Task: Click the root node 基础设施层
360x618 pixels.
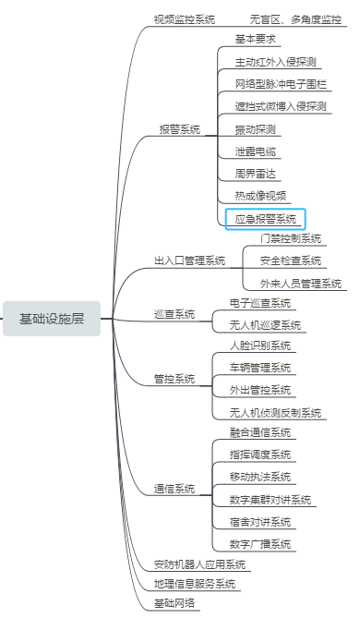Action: [x=52, y=320]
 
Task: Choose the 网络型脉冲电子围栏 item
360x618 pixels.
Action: [x=281, y=84]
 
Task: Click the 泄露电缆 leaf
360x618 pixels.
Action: [x=255, y=151]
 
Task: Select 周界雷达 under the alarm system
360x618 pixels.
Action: [x=255, y=173]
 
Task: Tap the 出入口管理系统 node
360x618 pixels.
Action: [x=189, y=261]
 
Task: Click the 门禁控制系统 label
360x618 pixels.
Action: [x=290, y=238]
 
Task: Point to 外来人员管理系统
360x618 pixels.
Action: [x=301, y=283]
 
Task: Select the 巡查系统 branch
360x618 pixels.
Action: [x=174, y=314]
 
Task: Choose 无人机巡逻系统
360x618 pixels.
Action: [x=265, y=325]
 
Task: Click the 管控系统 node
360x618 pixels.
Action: [x=174, y=379]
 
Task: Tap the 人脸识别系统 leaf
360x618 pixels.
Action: [x=260, y=346]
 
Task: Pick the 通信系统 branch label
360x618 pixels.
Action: [x=174, y=488]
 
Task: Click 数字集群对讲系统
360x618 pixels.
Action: [x=270, y=499]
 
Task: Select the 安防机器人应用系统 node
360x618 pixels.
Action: [x=199, y=563]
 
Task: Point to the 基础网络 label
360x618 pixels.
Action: [x=174, y=602]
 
